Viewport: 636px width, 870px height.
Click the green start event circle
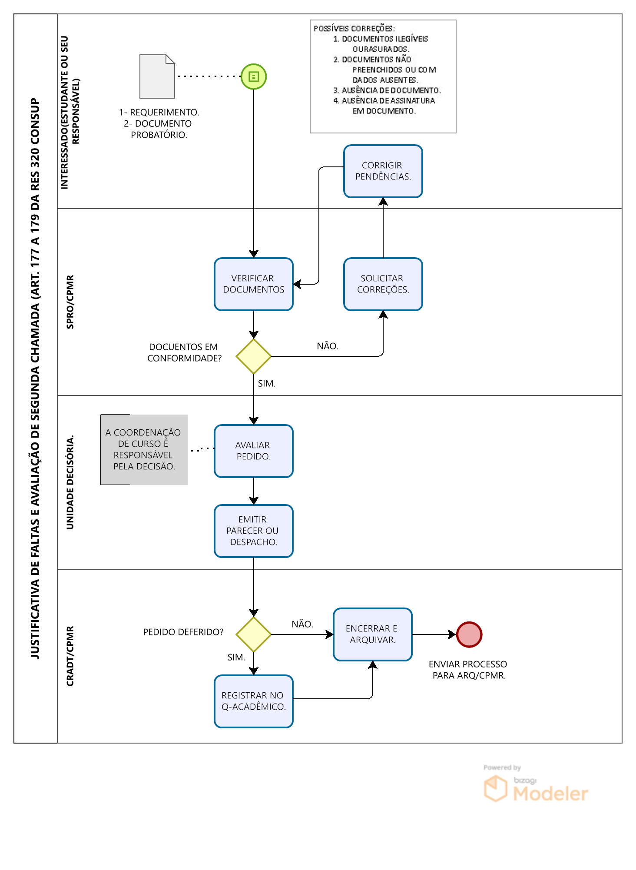[254, 76]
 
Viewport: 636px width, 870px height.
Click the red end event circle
[469, 634]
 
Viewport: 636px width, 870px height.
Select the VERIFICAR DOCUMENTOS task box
[254, 284]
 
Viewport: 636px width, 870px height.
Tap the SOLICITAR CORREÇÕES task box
[383, 284]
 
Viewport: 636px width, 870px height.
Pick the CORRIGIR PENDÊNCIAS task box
[383, 171]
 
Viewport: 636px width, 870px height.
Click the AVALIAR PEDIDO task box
[254, 451]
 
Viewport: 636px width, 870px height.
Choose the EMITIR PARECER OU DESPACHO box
[254, 531]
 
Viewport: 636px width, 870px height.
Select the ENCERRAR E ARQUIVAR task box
[373, 634]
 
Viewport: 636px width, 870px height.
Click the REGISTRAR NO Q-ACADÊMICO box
[254, 701]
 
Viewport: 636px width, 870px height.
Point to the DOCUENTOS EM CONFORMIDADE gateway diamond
[254, 356]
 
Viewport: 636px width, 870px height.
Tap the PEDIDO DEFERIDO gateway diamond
[254, 634]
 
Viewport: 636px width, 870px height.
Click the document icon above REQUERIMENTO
[157, 76]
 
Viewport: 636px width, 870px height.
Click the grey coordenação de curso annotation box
[144, 449]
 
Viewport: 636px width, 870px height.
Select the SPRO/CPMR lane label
[70, 302]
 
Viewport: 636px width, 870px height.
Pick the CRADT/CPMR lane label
[70, 656]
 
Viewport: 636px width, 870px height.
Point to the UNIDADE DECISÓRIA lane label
[70, 482]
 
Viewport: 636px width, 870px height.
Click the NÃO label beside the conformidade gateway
[328, 346]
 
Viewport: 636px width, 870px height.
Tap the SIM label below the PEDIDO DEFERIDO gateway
[236, 657]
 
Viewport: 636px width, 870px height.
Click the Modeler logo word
[550, 794]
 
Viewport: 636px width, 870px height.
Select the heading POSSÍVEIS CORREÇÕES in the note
[354, 28]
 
